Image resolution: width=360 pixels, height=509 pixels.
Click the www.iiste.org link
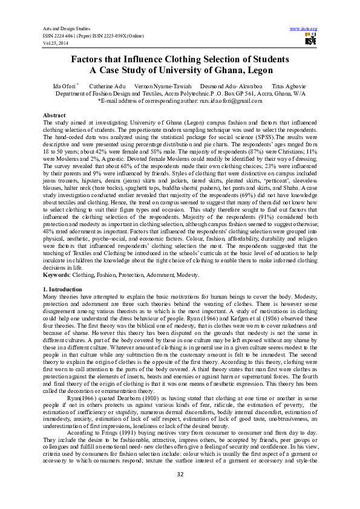coord(304,29)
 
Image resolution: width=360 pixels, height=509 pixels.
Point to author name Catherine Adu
coord(108,88)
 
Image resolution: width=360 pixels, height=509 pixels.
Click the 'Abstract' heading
coord(55,114)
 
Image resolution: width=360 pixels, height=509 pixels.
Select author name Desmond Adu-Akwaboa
coord(235,88)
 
